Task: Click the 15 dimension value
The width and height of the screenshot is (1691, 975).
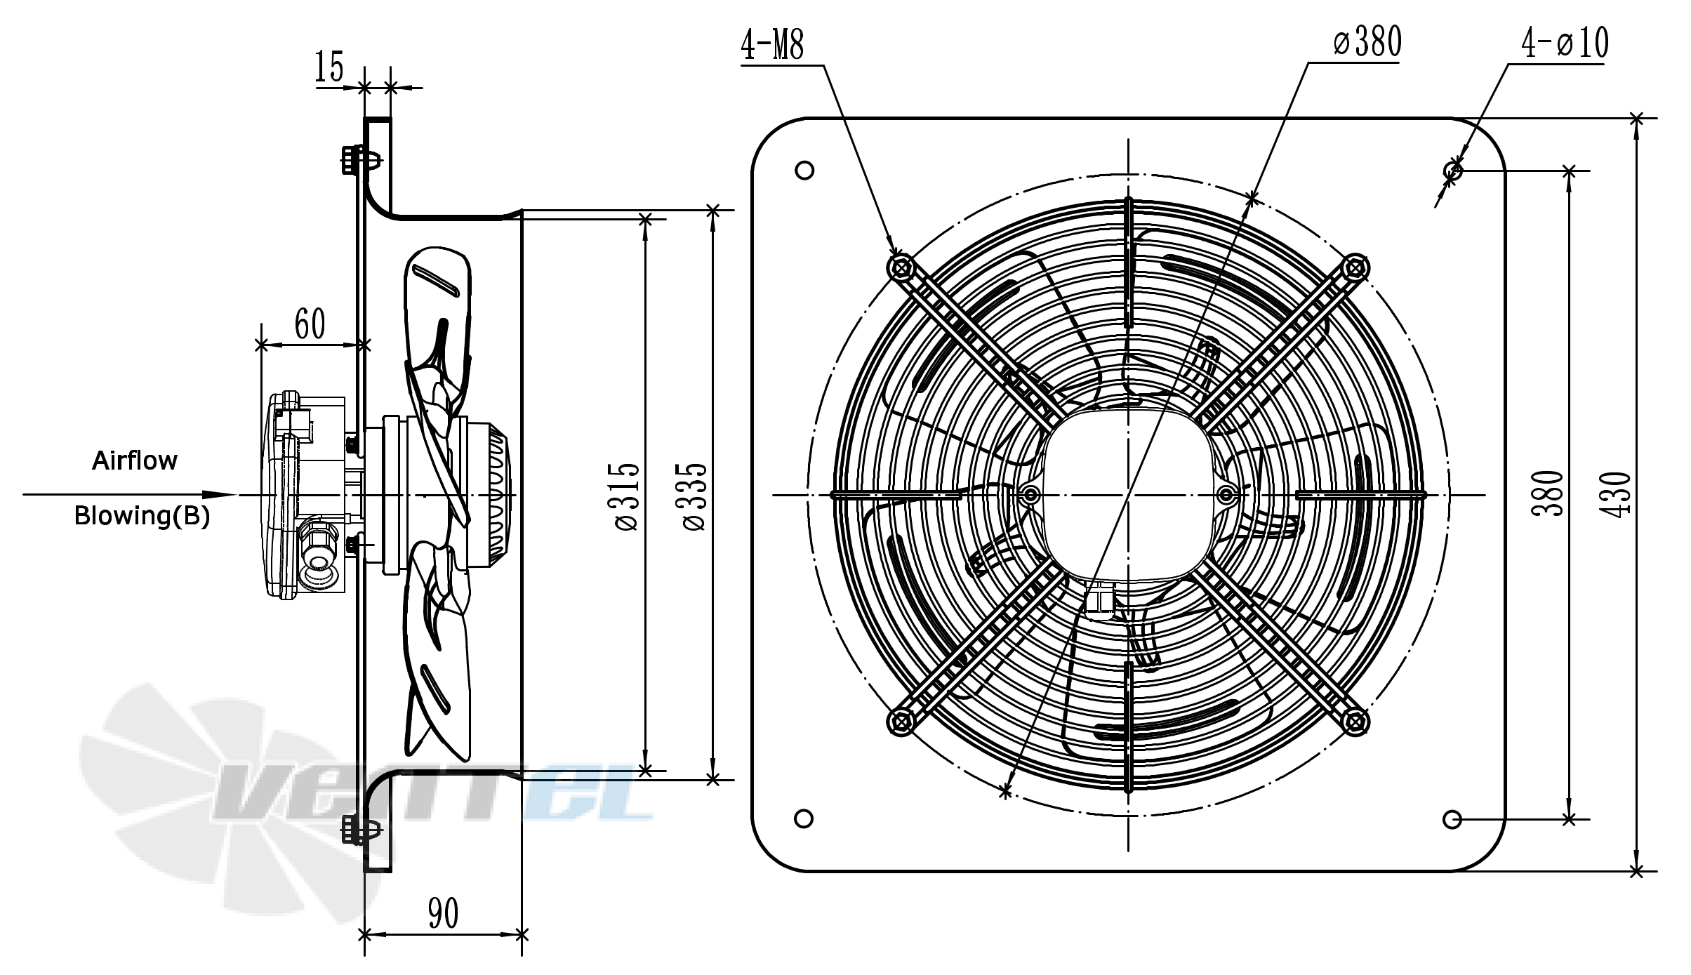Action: (x=329, y=68)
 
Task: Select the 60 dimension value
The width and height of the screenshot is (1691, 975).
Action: (x=310, y=324)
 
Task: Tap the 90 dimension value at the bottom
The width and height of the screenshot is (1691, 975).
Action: (x=443, y=913)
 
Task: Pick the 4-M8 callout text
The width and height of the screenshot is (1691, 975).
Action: (x=772, y=44)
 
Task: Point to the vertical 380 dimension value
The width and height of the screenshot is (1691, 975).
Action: (x=1547, y=493)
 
